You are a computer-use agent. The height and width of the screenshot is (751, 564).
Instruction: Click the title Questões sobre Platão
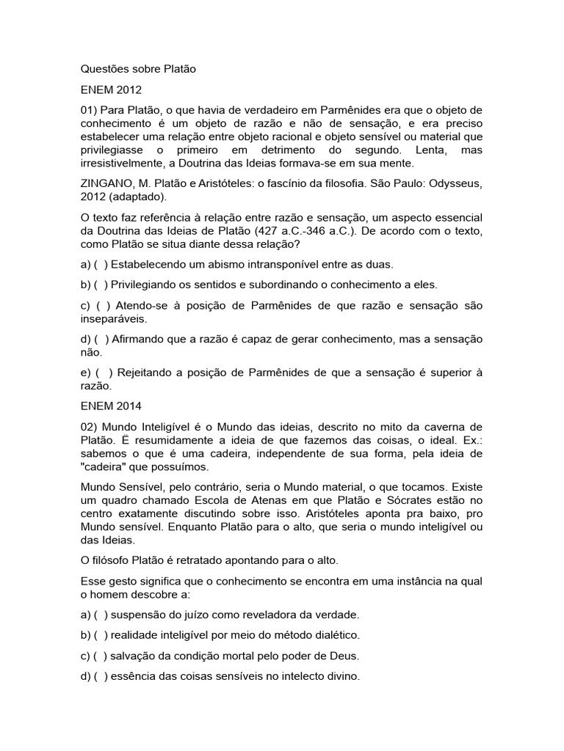[x=139, y=70]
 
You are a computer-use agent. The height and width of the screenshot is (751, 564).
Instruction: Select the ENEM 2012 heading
[x=111, y=90]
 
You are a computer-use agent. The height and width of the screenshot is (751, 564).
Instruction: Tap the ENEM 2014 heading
[x=111, y=405]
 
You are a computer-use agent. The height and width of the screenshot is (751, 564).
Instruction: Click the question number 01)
[x=91, y=110]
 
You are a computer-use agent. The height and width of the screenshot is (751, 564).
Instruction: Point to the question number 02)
[x=91, y=426]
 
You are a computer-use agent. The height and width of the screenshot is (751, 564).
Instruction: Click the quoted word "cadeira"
[x=104, y=466]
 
